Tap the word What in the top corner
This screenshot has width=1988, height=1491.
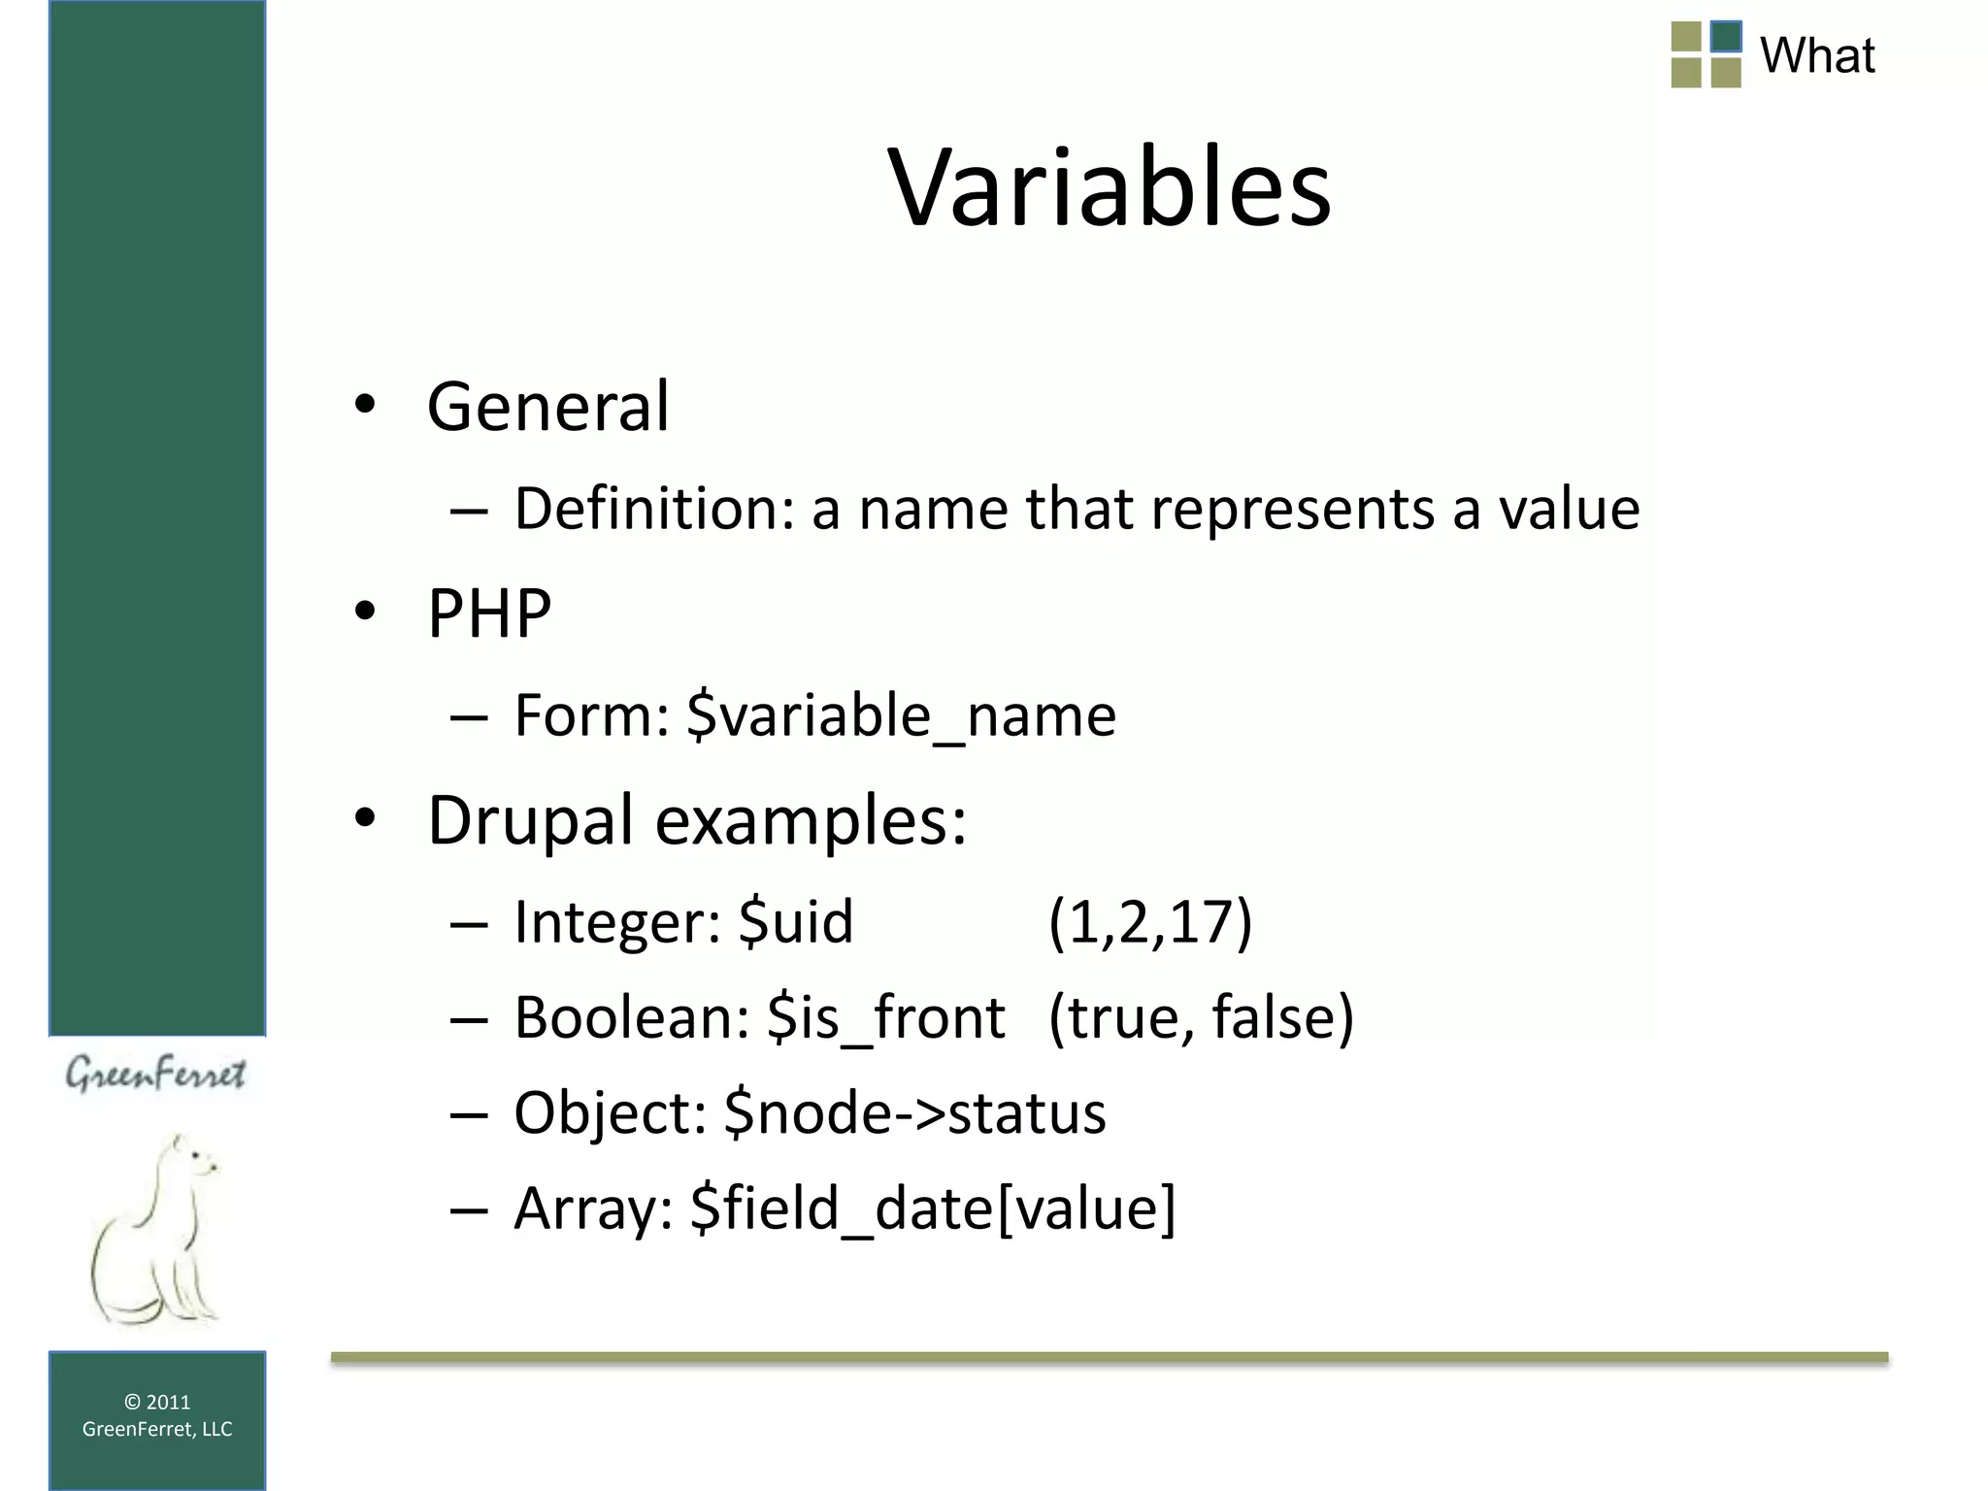pyautogui.click(x=1816, y=55)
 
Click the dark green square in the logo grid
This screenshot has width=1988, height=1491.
pyautogui.click(x=1726, y=37)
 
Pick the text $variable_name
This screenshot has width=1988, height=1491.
pyautogui.click(x=901, y=715)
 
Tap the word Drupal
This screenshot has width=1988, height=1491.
pyautogui.click(x=531, y=820)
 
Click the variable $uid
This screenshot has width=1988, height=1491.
pyautogui.click(x=795, y=921)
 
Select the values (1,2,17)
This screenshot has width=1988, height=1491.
pyautogui.click(x=1150, y=921)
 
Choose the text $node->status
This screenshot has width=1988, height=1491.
pyautogui.click(x=914, y=1112)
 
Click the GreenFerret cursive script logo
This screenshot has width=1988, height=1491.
pyautogui.click(x=155, y=1075)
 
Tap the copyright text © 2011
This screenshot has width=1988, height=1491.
pyautogui.click(x=157, y=1402)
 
